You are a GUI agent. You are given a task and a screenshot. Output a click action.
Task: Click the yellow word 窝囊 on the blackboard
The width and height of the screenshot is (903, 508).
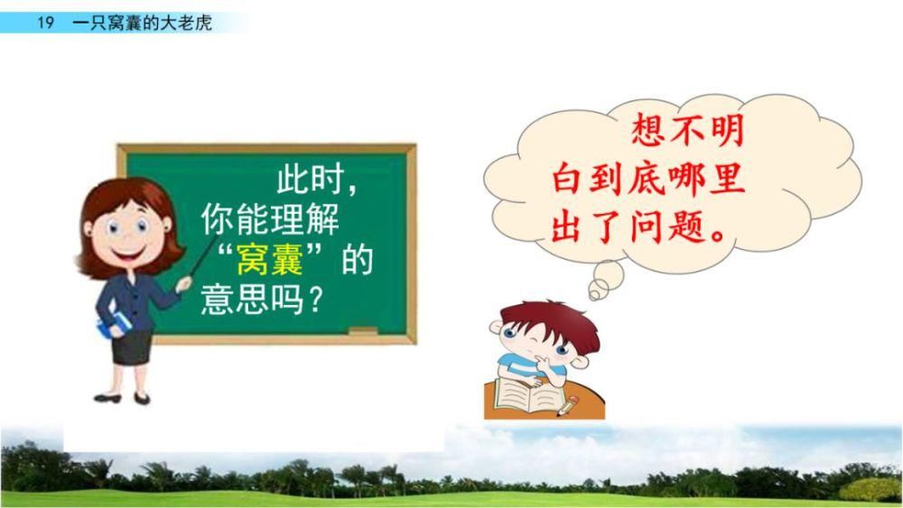coord(270,262)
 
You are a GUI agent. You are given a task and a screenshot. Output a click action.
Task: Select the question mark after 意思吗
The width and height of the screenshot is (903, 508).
coord(315,300)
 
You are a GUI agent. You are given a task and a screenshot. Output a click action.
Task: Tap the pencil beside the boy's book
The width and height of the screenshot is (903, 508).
coord(568,406)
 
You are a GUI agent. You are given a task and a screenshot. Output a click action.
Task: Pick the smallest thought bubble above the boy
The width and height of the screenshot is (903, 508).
coord(597,291)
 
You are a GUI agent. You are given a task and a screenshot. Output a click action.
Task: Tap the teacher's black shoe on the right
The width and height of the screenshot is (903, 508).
coord(142,398)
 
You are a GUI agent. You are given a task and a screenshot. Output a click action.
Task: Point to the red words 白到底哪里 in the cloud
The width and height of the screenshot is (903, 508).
coord(648,180)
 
